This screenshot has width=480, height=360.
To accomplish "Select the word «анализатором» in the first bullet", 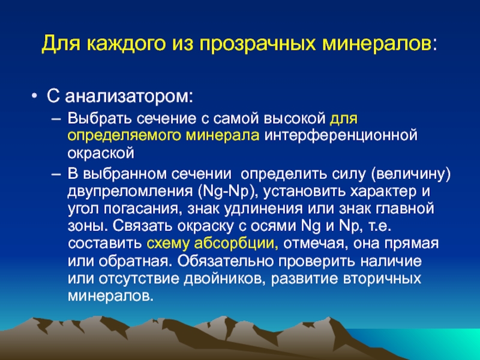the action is tap(129, 97).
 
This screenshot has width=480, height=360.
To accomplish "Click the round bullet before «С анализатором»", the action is tap(34, 97).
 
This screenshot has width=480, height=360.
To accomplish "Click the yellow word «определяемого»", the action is tap(124, 136).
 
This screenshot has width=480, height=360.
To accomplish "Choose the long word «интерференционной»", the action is tap(341, 136).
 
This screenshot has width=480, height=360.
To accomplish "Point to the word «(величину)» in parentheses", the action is tap(411, 175).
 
